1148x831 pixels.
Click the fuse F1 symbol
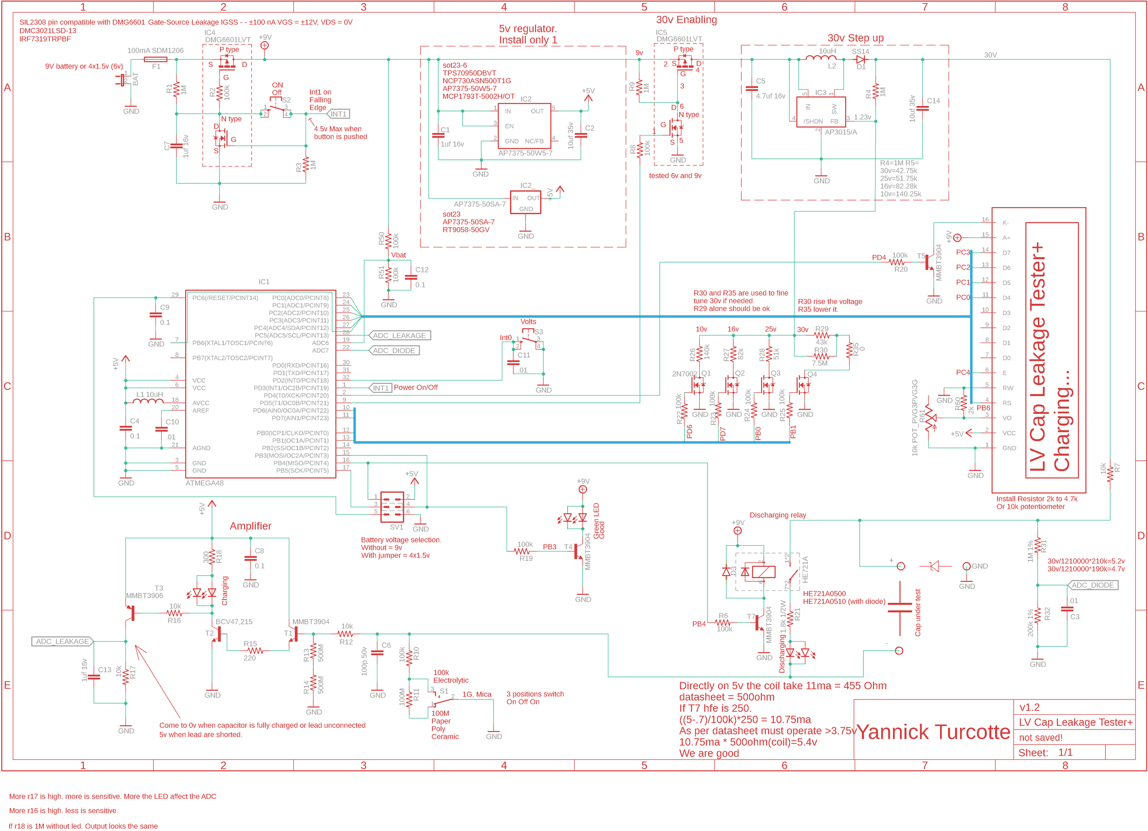[155, 59]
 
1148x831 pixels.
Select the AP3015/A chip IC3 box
[820, 112]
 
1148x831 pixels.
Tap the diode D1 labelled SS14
[860, 59]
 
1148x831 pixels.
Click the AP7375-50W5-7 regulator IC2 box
[525, 126]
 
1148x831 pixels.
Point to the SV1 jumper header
[392, 507]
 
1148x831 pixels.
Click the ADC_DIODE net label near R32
[1093, 585]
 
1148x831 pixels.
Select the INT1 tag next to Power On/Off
[381, 388]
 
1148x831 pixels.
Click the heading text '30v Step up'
[855, 38]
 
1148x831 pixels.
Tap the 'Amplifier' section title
[251, 526]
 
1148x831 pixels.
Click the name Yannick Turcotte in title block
[933, 732]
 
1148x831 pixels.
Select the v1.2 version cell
[1029, 708]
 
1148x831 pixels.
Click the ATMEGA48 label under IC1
[205, 483]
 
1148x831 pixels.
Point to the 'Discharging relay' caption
[777, 515]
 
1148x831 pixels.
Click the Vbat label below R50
[398, 255]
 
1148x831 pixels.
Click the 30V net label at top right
[990, 55]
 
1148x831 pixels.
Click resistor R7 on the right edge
[1110, 474]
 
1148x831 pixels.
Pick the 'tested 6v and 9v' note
[675, 176]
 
